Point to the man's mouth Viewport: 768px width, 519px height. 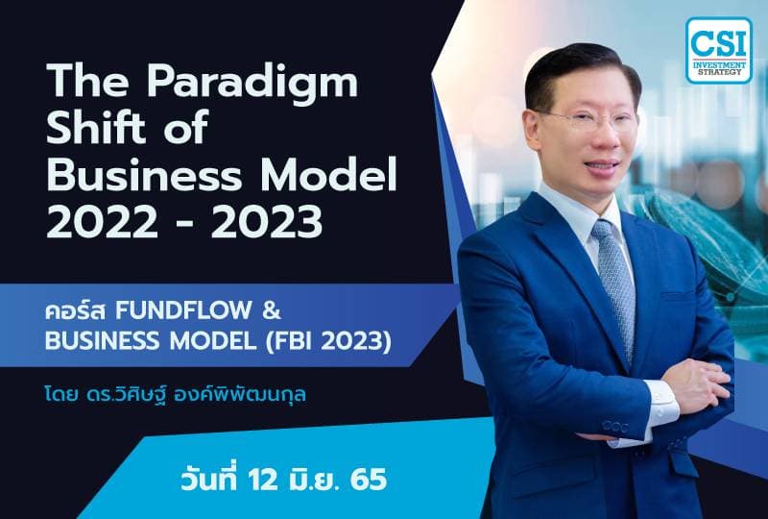tap(596, 165)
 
